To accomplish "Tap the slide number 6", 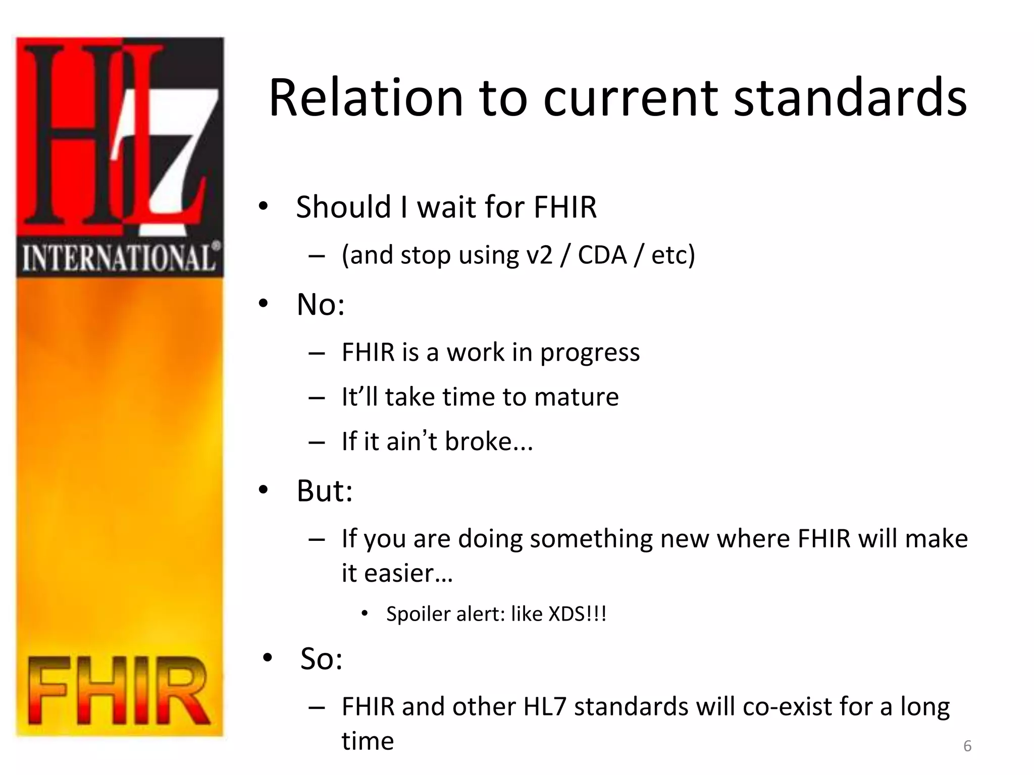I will tap(967, 746).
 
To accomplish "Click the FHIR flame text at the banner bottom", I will tap(119, 691).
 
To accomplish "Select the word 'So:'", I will tap(321, 658).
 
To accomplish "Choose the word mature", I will tap(576, 397).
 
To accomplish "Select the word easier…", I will tap(397, 573).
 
